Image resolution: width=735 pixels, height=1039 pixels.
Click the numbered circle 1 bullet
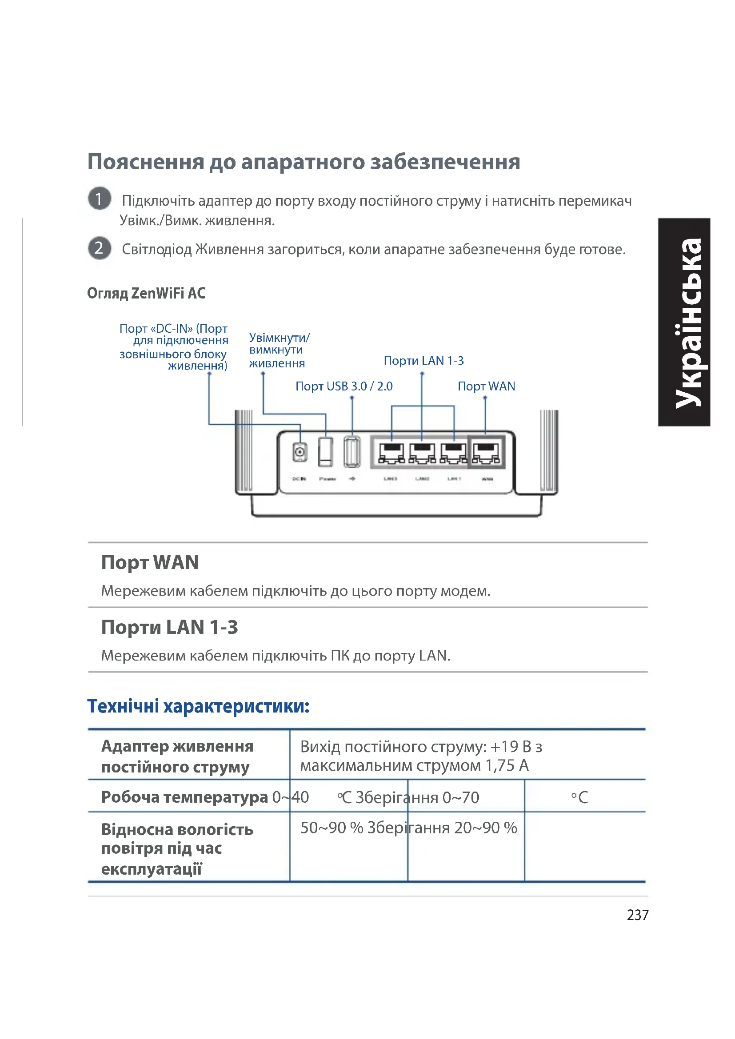pos(100,198)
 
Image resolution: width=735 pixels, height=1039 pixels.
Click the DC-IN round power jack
pos(300,451)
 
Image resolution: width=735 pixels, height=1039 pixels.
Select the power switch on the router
pos(325,451)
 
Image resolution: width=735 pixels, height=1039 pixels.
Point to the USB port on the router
pos(352,451)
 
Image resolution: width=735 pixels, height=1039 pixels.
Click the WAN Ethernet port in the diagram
pos(486,452)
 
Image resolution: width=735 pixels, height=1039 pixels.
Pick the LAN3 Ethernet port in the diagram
pos(391,452)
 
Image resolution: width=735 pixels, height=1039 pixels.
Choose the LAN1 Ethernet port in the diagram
pos(454,452)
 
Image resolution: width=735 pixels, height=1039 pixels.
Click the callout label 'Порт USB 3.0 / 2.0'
pos(344,386)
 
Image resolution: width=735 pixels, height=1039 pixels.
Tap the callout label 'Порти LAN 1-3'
pos(423,360)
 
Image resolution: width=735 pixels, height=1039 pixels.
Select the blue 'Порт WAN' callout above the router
pos(487,386)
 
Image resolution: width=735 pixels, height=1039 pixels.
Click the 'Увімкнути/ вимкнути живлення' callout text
pos(279,350)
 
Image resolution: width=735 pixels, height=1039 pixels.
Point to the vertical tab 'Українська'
pos(684,322)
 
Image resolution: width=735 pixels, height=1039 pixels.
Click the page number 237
pos(637,915)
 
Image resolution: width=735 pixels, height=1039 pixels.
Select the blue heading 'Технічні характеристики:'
pos(198,706)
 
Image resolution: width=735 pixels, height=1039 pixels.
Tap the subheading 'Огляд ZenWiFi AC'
pos(146,293)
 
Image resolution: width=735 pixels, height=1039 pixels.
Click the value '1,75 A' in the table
pos(507,765)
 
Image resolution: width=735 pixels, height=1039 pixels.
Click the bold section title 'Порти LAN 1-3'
pos(169,627)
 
